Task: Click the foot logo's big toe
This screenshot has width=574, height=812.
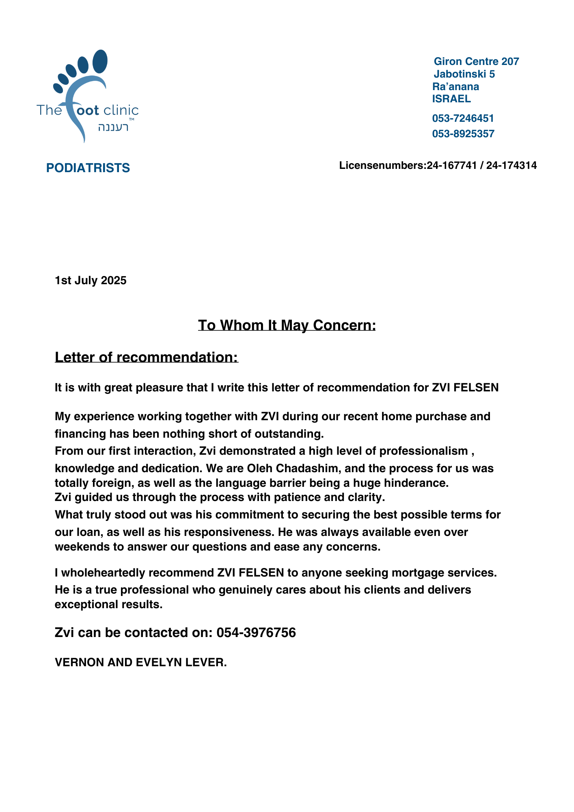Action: click(x=100, y=61)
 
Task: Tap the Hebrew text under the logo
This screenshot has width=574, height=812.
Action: click(x=113, y=127)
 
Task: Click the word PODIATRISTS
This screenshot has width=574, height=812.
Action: click(x=88, y=168)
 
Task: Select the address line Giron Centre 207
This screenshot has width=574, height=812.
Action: click(x=476, y=61)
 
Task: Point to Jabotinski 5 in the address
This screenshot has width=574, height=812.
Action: click(x=464, y=74)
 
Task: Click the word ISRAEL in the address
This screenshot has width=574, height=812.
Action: click(x=451, y=99)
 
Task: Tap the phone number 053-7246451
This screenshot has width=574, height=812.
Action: click(x=463, y=119)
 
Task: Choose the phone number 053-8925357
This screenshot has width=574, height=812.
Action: click(x=463, y=134)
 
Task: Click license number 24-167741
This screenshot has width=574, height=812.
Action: click(x=451, y=165)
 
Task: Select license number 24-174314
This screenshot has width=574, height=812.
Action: click(x=511, y=165)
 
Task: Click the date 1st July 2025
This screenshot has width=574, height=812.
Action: click(x=91, y=281)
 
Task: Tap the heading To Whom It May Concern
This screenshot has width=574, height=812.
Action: click(x=287, y=325)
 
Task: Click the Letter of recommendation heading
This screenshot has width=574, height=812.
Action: click(x=146, y=357)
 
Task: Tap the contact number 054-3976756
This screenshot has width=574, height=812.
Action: click(x=256, y=633)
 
